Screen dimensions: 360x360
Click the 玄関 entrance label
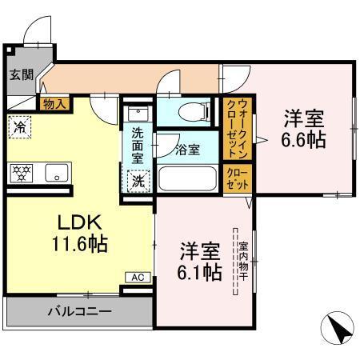tap(21, 76)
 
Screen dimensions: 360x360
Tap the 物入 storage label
tap(54, 102)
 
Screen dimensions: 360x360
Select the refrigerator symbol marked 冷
tap(20, 126)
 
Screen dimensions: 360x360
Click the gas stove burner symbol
tap(20, 171)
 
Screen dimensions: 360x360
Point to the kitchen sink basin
tap(55, 171)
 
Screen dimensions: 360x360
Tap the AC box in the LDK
tap(137, 277)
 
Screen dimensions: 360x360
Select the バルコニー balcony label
tap(78, 310)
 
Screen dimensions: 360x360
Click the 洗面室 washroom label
tap(138, 146)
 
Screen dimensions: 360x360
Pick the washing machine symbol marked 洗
tap(138, 181)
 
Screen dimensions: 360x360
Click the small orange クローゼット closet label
tap(237, 178)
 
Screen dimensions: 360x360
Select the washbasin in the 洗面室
tap(138, 116)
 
